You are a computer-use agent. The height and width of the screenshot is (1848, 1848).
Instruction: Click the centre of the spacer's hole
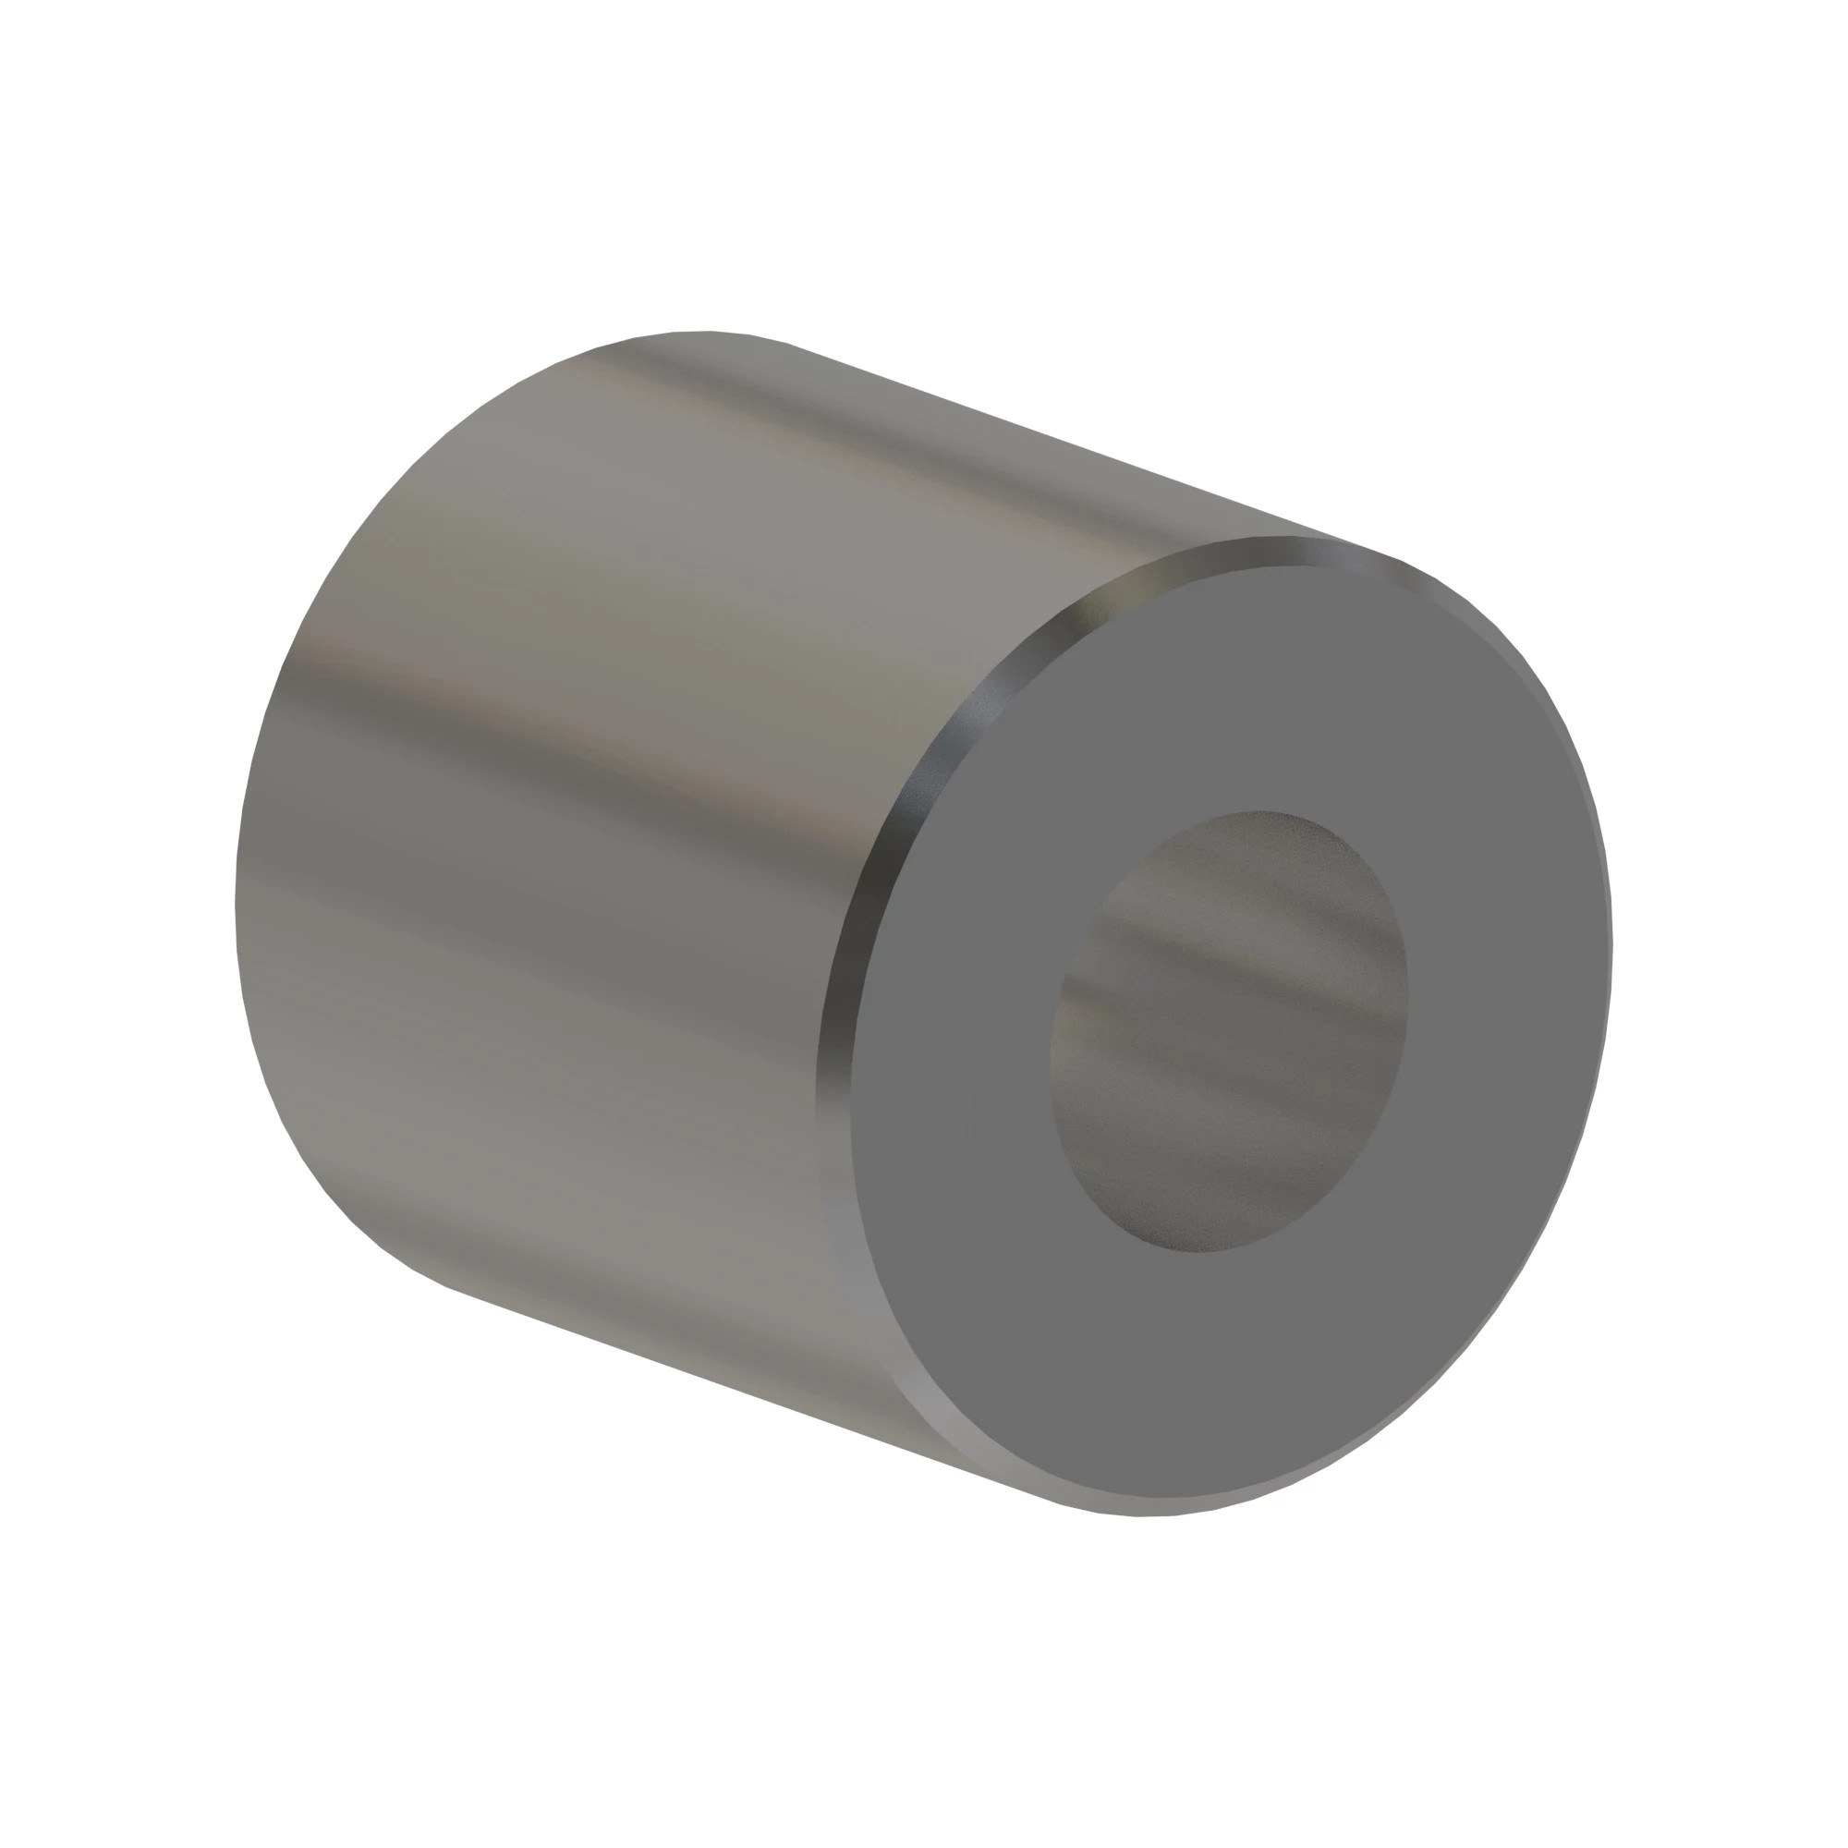click(x=1229, y=1030)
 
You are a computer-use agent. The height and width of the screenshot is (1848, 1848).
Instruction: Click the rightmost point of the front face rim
click(x=1612, y=947)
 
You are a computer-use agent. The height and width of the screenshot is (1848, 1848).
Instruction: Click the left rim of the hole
click(x=1052, y=1052)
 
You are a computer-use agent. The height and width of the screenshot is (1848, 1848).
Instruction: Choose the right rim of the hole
click(x=1407, y=985)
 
